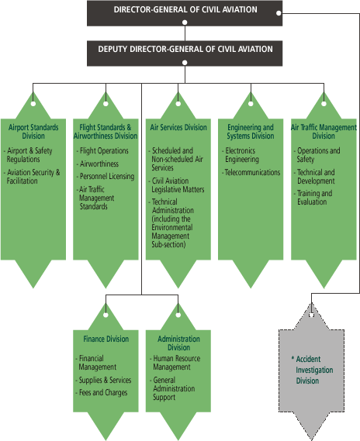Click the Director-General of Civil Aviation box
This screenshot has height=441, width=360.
(x=185, y=13)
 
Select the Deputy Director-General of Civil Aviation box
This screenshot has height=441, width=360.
(x=185, y=53)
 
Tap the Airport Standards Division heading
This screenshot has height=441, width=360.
(x=33, y=132)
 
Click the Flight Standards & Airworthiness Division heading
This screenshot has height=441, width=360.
(x=106, y=132)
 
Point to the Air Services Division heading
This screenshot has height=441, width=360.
(x=178, y=127)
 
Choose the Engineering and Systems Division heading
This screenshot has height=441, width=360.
(x=251, y=132)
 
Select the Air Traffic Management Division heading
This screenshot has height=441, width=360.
(x=324, y=132)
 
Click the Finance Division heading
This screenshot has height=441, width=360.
(x=106, y=339)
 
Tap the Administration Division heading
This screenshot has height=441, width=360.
(x=178, y=343)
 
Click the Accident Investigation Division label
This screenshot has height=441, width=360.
(x=313, y=370)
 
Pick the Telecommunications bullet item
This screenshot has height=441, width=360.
(x=251, y=172)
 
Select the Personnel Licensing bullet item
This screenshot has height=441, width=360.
(x=106, y=177)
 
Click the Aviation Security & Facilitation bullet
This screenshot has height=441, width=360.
(x=32, y=177)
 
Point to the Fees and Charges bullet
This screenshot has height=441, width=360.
(x=102, y=393)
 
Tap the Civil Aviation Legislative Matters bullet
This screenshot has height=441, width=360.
(x=177, y=185)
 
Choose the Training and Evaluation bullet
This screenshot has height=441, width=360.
(x=313, y=198)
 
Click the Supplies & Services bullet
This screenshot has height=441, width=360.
(x=104, y=380)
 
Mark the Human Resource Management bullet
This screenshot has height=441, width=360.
(x=175, y=363)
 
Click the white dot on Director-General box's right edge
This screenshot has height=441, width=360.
(x=279, y=13)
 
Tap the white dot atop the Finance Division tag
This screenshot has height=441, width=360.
(x=106, y=315)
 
